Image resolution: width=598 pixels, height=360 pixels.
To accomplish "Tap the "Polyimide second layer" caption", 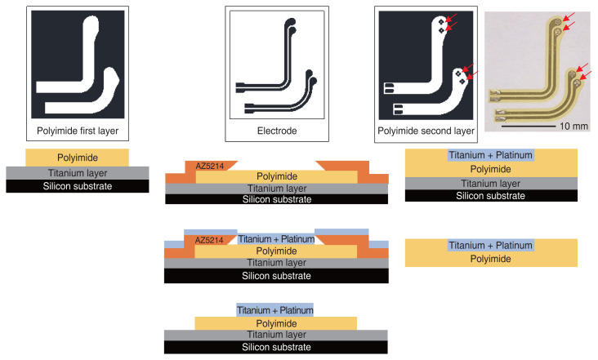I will (x=426, y=129).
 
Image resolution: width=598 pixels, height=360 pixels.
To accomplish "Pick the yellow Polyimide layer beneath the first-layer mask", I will (x=78, y=157).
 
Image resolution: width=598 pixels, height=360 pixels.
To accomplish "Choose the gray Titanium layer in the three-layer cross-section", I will (x=78, y=172).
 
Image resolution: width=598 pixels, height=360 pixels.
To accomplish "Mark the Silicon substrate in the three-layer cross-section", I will (x=78, y=186).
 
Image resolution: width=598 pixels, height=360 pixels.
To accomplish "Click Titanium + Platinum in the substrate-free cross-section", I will (x=490, y=245).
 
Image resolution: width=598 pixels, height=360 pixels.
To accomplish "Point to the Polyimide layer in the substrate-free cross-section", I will (x=490, y=259).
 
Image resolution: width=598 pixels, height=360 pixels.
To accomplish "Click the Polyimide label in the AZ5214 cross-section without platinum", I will (x=276, y=176).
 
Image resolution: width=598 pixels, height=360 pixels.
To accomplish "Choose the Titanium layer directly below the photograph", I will (x=490, y=184).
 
